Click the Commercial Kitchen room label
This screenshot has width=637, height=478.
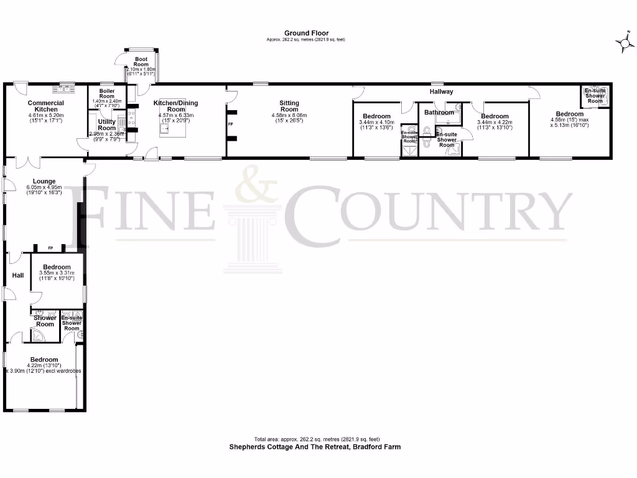click(x=46, y=106)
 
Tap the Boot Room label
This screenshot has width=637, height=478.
click(x=141, y=62)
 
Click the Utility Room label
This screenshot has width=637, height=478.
click(x=106, y=125)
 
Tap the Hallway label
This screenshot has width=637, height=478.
click(x=441, y=91)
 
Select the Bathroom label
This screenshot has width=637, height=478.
click(x=440, y=113)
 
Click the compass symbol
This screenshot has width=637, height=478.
click(x=625, y=42)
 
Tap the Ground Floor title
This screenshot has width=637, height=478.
click(x=306, y=33)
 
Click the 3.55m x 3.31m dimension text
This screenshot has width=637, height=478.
click(x=57, y=273)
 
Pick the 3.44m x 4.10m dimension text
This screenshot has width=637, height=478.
click(x=377, y=123)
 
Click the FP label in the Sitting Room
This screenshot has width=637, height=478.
click(x=231, y=125)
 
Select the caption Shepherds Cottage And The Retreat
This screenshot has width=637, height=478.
click(x=315, y=447)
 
